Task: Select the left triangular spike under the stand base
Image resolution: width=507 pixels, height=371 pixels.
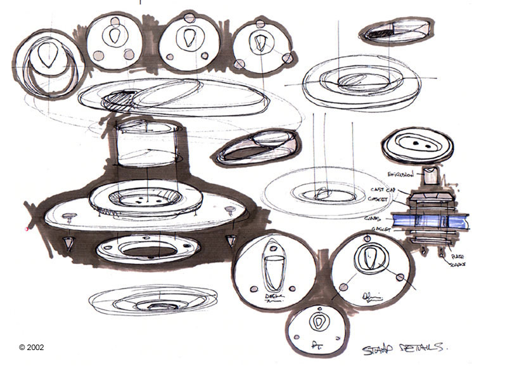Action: point(67,242)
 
